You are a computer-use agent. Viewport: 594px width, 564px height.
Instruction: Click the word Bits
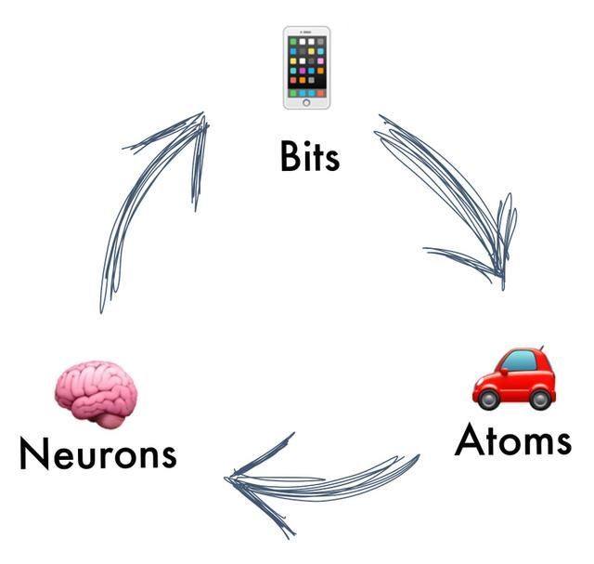coord(310,156)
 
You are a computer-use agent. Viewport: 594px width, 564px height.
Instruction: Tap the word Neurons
coord(97,453)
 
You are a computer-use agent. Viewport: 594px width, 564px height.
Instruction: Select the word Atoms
coord(512,439)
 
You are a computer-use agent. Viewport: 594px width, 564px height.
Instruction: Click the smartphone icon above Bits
coord(306,67)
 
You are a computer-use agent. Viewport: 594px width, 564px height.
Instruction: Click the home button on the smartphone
coord(306,102)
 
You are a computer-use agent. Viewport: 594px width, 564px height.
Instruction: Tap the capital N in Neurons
coord(34,453)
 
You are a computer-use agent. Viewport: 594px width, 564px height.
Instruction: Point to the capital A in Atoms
coord(471,439)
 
